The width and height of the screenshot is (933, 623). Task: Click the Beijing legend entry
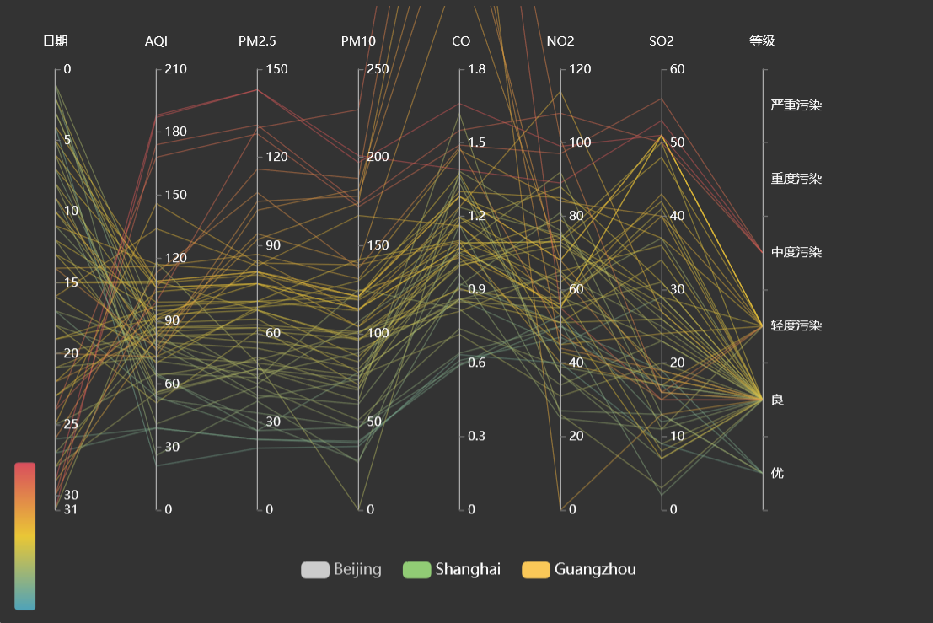(x=341, y=570)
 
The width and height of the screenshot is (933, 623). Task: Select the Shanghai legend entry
(x=453, y=570)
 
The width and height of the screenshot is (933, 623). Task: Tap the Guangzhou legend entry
(x=579, y=570)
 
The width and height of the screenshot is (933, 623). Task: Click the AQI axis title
(x=156, y=41)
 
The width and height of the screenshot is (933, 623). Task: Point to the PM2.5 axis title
(x=257, y=41)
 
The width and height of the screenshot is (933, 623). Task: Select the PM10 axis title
(x=358, y=41)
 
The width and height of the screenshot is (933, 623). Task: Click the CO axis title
(x=460, y=41)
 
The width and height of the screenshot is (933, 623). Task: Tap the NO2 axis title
(x=560, y=41)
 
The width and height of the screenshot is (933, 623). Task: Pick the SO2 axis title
(x=662, y=41)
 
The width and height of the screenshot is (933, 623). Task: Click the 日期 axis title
(x=56, y=41)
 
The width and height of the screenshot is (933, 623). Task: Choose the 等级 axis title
(x=762, y=41)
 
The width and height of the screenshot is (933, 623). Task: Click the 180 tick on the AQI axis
(x=175, y=132)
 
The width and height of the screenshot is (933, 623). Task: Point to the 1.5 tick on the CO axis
(x=477, y=142)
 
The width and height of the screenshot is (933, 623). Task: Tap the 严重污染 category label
(x=796, y=106)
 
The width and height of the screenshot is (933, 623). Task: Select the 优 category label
(x=777, y=473)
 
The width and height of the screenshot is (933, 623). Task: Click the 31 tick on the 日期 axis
(x=72, y=509)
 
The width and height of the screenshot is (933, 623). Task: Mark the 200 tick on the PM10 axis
(x=378, y=157)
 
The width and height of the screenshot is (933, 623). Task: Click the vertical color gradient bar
(x=25, y=535)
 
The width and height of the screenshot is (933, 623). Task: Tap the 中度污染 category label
(x=796, y=253)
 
